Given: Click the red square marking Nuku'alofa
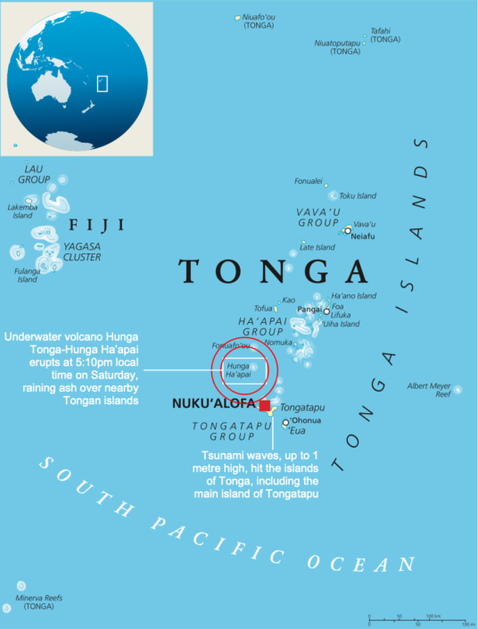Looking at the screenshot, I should [x=265, y=406].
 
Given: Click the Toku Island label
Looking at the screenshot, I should [x=358, y=196].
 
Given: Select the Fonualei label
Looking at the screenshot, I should [x=309, y=181].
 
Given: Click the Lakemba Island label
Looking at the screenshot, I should [x=22, y=211].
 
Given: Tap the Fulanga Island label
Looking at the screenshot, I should [x=27, y=276].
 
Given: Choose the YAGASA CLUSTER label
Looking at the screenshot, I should [x=81, y=252].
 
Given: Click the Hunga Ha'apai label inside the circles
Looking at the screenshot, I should [x=238, y=369].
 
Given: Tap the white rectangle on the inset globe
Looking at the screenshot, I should [x=102, y=83].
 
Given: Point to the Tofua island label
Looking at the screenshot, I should [x=263, y=308].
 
